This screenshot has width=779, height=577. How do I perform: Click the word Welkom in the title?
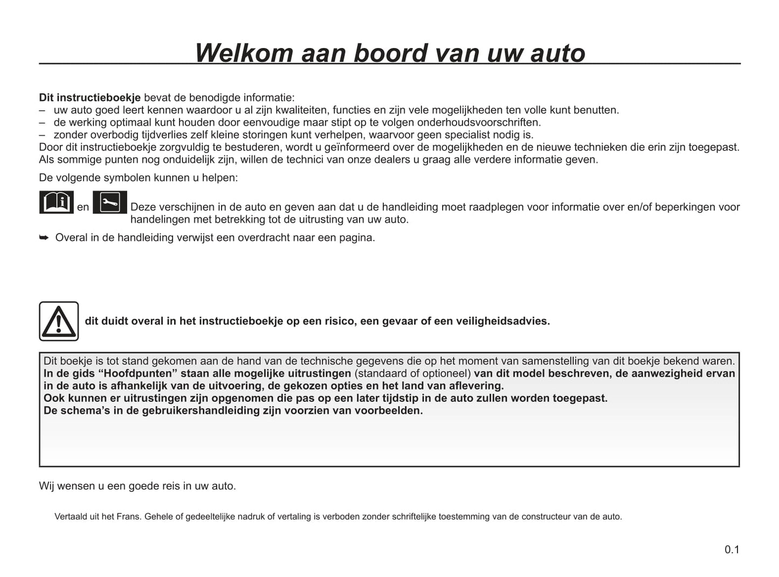pyautogui.click(x=244, y=53)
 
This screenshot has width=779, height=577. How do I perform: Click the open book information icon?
pyautogui.click(x=57, y=202)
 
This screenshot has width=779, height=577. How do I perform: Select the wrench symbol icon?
pyautogui.click(x=110, y=202)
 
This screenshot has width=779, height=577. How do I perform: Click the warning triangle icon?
pyautogui.click(x=59, y=321)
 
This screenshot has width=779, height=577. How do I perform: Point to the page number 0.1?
pyautogui.click(x=732, y=549)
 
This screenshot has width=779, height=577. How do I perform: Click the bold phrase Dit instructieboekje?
pyautogui.click(x=89, y=98)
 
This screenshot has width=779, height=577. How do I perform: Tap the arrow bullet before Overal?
pyautogui.click(x=44, y=237)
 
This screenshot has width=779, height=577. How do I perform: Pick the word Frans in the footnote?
pyautogui.click(x=129, y=517)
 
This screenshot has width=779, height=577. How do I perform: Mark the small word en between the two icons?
pyautogui.click(x=83, y=207)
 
